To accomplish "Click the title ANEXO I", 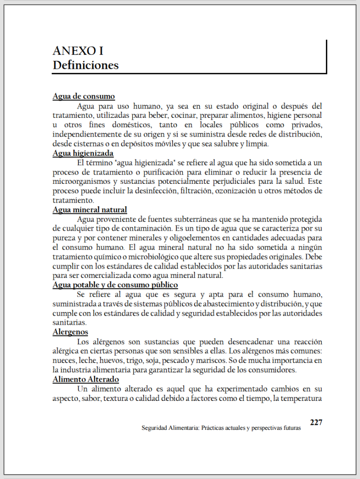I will pyautogui.click(x=78, y=51).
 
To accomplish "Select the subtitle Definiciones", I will pyautogui.click(x=86, y=65).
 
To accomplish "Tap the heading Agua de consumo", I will pyautogui.click(x=84, y=96).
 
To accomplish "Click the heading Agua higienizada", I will pyautogui.click(x=83, y=153).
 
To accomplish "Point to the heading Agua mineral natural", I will pyautogui.click(x=90, y=210).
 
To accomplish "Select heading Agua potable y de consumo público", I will pyautogui.click(x=115, y=285).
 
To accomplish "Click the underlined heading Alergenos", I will pyautogui.click(x=71, y=332).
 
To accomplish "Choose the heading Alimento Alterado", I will pyautogui.click(x=86, y=379).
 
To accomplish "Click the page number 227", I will pyautogui.click(x=316, y=422).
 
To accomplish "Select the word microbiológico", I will pyautogui.click(x=175, y=257).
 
